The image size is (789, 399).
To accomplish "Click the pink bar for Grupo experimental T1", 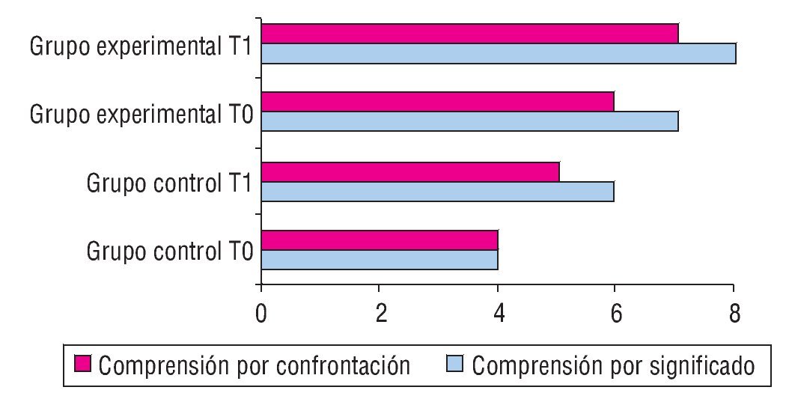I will pos(469,34).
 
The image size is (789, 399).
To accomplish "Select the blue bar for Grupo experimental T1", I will pos(498,54).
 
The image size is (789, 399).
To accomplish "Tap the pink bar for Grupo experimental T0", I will pos(437,102).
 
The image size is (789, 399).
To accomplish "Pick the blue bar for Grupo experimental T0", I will pos(469,121).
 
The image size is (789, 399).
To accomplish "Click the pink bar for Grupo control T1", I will pos(410,171).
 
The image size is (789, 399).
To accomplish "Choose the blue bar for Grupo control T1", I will pos(437,191).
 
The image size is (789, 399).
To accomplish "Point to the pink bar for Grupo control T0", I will pos(380,240).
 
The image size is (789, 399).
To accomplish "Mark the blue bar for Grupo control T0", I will pos(380,260).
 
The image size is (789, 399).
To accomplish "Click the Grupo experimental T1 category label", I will pos(144,46).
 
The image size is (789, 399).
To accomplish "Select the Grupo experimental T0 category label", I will pos(144,115).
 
